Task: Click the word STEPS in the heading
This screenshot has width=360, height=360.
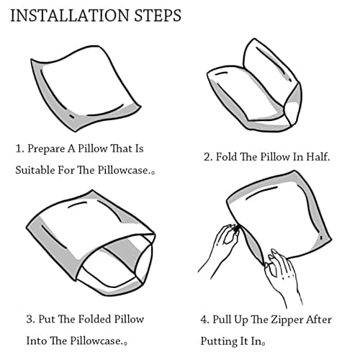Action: point(158,16)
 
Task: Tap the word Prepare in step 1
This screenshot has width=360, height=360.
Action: point(46,149)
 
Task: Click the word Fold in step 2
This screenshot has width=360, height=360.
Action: point(226,157)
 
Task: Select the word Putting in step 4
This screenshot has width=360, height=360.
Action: point(215,341)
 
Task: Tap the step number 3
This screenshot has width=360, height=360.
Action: point(30,320)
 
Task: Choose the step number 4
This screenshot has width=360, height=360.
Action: point(204,320)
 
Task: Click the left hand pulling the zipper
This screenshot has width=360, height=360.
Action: point(220,250)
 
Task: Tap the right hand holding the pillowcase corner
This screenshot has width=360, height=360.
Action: point(283,276)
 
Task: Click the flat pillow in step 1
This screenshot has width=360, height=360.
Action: point(84,88)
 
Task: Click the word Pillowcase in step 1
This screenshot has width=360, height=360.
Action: point(122,170)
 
